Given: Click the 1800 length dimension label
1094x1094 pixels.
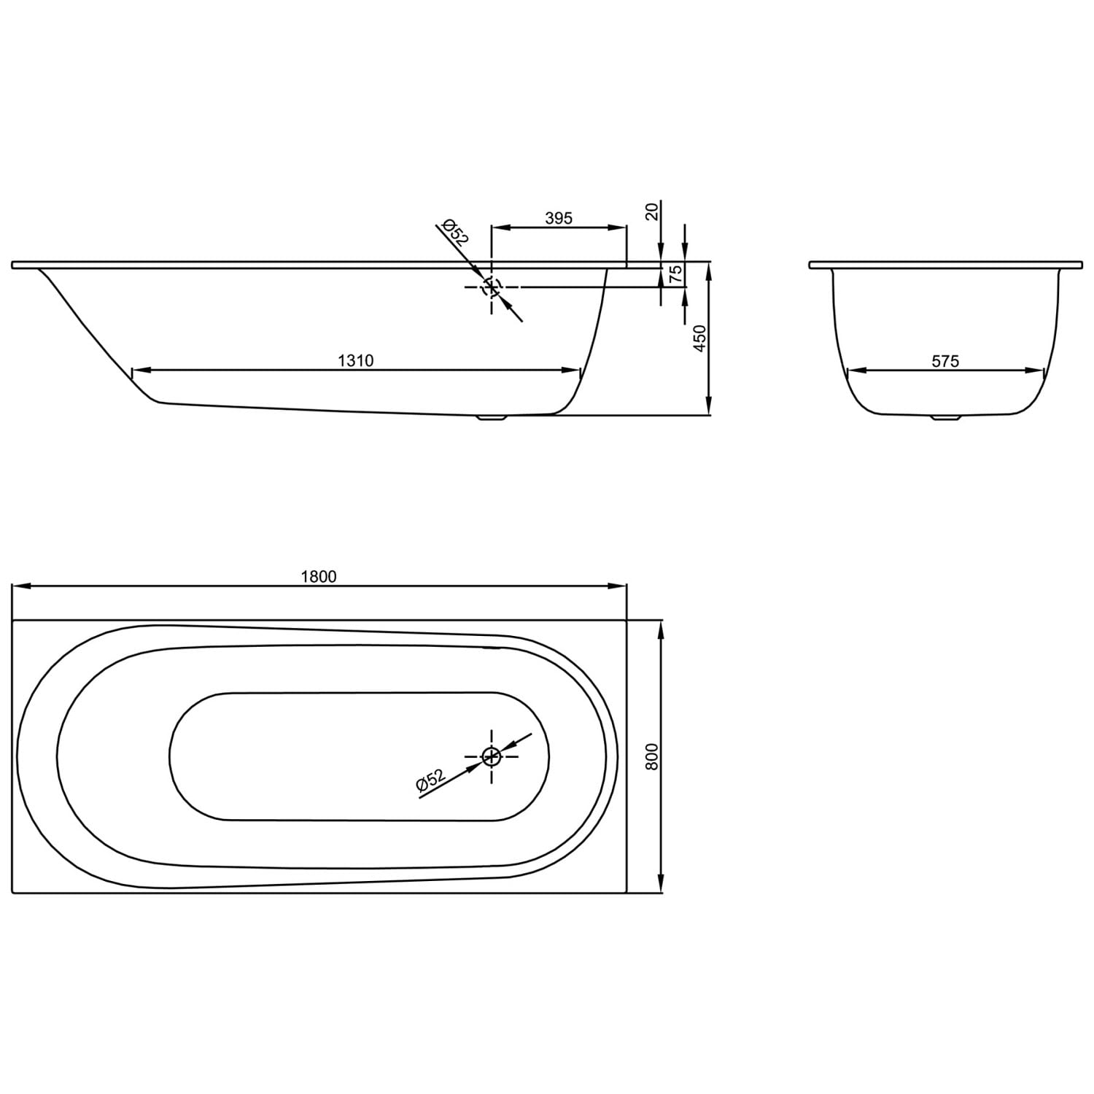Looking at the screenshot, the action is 319,576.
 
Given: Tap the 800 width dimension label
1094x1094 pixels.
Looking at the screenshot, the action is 653,756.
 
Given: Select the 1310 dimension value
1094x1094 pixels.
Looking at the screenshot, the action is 356,360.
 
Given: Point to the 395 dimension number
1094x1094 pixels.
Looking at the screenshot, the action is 559,217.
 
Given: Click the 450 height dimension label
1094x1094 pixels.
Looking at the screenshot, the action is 700,339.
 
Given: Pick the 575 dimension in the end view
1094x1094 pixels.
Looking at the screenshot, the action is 945,360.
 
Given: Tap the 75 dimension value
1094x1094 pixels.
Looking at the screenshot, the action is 676,274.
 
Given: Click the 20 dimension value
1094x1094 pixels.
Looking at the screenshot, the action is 653,212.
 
